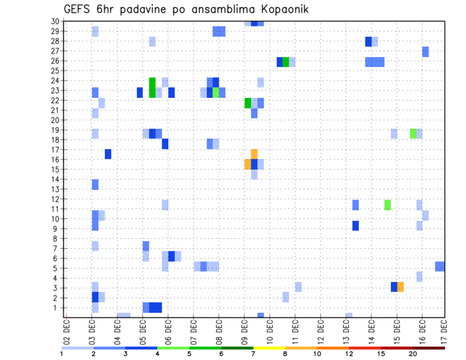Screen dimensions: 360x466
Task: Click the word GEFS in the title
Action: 76,10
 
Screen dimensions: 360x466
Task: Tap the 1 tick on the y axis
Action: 57,308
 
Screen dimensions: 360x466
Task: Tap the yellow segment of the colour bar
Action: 269,348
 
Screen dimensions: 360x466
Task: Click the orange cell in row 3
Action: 400,287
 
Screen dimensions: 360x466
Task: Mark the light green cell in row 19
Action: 413,133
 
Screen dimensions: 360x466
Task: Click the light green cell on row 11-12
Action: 387,205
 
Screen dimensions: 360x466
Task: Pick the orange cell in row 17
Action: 254,153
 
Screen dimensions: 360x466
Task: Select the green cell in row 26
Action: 285,62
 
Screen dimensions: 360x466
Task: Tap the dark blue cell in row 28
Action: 368,41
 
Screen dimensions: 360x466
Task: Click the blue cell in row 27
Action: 425,51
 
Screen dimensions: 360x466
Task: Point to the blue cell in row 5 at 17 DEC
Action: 440,266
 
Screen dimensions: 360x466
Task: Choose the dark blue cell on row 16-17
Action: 108,154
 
